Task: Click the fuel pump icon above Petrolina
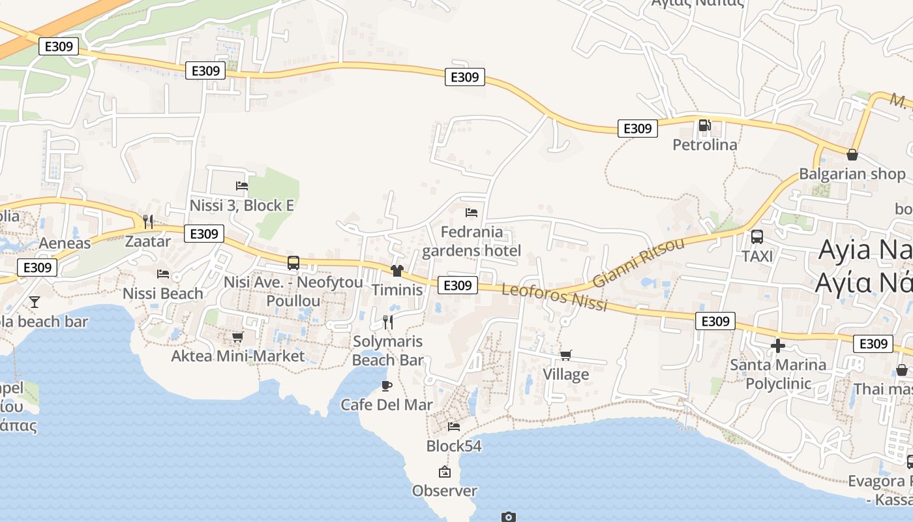(704, 125)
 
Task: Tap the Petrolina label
(705, 144)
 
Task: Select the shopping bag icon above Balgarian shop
(852, 155)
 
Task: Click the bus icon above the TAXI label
(757, 237)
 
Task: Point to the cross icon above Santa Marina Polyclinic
(777, 346)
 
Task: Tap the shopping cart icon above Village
(565, 356)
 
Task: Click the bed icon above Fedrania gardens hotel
(471, 213)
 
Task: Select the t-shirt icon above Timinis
(397, 271)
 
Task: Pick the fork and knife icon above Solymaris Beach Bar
(387, 322)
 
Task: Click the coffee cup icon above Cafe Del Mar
(387, 386)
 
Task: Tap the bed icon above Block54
(454, 427)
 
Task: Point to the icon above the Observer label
(445, 472)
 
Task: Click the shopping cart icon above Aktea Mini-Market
(237, 337)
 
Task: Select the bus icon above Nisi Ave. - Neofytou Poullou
(293, 263)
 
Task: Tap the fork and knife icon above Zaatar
(148, 222)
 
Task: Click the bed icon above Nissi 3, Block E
(242, 186)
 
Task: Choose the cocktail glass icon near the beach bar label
(35, 301)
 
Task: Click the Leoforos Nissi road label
(555, 297)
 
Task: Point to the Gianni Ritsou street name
(638, 263)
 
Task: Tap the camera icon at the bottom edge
(509, 517)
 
